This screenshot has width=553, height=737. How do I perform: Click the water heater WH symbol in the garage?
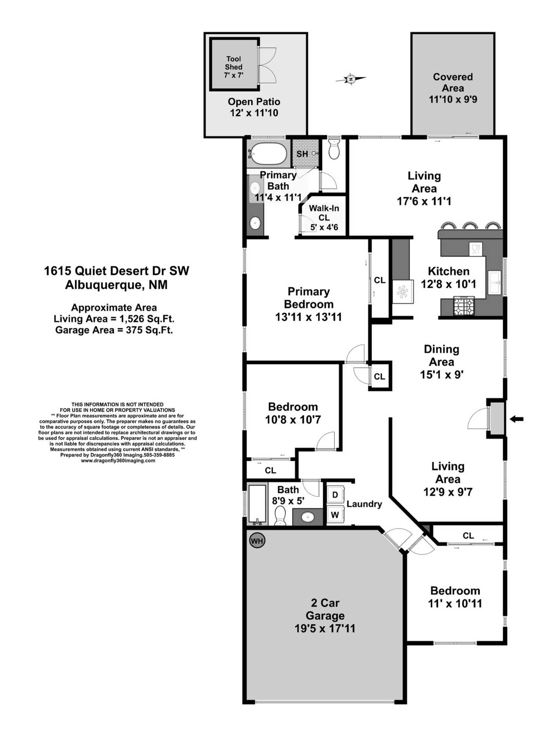click(257, 541)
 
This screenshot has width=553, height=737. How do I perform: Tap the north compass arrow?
click(351, 79)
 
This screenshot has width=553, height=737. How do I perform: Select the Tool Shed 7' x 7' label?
click(234, 67)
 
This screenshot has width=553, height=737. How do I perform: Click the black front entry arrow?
click(517, 419)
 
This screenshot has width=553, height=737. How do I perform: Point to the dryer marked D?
click(335, 495)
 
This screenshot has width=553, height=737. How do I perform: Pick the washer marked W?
click(335, 514)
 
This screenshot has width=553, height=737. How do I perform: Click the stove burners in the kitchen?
click(463, 306)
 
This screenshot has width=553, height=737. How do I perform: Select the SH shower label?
click(302, 154)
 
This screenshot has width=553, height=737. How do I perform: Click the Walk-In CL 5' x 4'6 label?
click(324, 217)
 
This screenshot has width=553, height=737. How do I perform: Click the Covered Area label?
click(453, 88)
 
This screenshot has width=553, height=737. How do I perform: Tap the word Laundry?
click(364, 504)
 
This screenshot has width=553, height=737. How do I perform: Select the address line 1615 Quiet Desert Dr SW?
click(116, 271)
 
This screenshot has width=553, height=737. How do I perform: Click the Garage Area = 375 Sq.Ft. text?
click(114, 330)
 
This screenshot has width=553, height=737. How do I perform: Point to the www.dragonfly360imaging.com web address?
click(118, 461)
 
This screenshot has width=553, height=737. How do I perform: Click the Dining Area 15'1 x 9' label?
click(441, 361)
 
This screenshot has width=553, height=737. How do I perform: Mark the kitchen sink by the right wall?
click(494, 282)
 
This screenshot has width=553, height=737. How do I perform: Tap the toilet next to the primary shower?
click(334, 149)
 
